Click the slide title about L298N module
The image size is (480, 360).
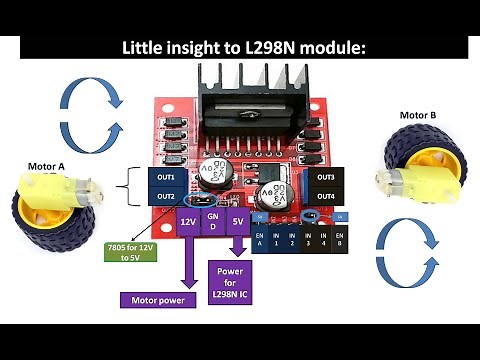(240, 47)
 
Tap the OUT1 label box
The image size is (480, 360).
(166, 176)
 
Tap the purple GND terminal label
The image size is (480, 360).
(213, 223)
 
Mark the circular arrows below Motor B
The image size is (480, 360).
(405, 247)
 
